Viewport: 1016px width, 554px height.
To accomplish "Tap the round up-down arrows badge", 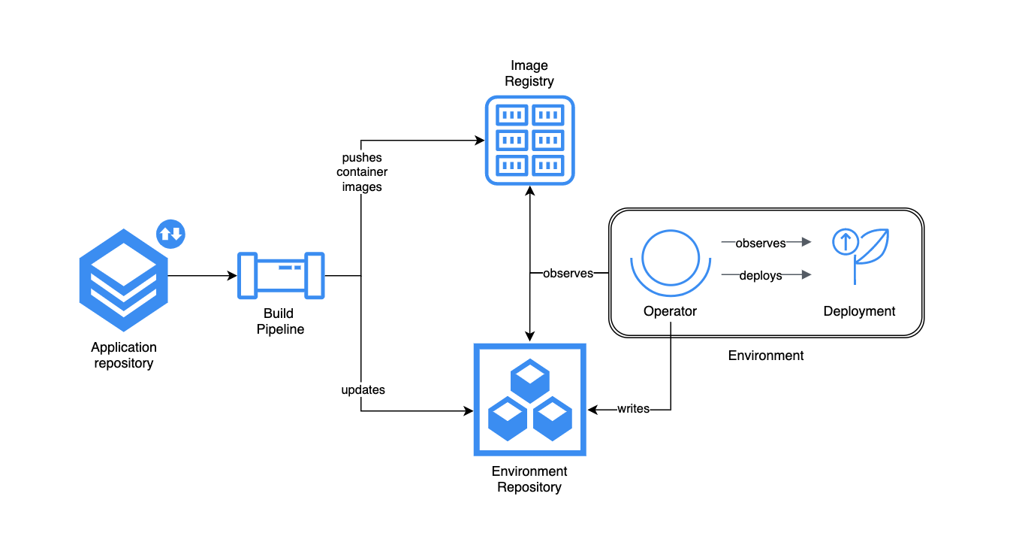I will [170, 233].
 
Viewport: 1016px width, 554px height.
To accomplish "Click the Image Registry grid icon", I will [529, 140].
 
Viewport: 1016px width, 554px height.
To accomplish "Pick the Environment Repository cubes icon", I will [529, 400].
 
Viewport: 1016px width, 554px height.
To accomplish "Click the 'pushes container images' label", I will [362, 172].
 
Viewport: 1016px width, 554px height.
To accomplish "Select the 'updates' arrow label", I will [363, 390].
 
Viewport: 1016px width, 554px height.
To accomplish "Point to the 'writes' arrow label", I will [633, 409].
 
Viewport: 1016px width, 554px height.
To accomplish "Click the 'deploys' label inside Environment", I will [760, 276].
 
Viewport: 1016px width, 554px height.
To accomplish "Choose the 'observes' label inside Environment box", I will [760, 244].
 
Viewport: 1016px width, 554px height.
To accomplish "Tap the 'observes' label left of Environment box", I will [568, 274].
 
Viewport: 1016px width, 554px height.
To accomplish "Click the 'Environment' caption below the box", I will [765, 356].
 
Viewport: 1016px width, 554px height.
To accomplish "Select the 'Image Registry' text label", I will [529, 74].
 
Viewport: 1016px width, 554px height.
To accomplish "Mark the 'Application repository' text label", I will [124, 356].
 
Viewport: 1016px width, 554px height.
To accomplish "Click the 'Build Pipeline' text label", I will [280, 321].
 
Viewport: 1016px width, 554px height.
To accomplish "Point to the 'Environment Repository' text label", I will [529, 480].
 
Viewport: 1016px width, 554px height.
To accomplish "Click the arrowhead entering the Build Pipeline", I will [233, 276].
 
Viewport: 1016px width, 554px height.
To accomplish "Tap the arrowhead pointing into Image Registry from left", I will [479, 140].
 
